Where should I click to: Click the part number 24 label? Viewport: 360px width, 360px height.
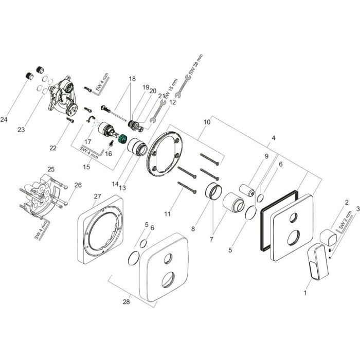(x=5, y=119)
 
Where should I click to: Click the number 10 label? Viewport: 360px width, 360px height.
(x=207, y=122)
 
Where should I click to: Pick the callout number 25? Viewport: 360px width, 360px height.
(x=50, y=169)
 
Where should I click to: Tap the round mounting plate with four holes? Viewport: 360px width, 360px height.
(x=163, y=154)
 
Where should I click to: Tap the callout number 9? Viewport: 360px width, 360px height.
(x=266, y=156)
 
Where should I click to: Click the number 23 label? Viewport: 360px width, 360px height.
(x=21, y=130)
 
